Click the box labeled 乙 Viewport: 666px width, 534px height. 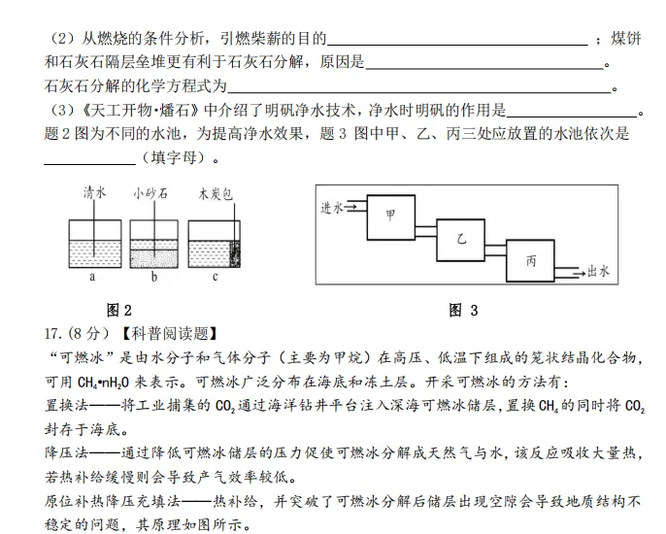(461, 239)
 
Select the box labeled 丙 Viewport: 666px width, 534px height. (531, 261)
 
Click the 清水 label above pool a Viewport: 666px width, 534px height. (94, 193)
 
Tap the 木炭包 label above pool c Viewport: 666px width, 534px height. (214, 193)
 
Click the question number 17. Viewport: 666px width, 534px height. (55, 335)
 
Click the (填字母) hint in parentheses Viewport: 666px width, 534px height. (176, 156)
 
